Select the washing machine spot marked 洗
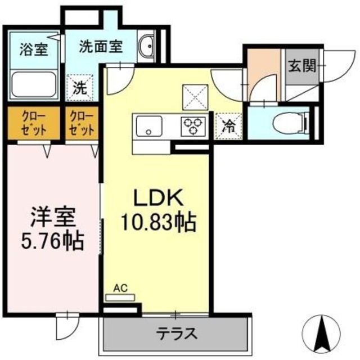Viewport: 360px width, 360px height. click(79, 88)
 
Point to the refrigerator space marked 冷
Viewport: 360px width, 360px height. click(229, 125)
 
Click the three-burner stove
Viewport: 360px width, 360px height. click(193, 126)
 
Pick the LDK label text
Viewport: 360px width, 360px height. click(158, 198)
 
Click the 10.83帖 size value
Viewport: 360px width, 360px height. click(158, 224)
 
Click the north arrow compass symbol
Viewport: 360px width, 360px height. click(324, 331)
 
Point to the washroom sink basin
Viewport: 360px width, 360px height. click(148, 47)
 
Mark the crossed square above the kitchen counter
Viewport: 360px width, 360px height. click(196, 97)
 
